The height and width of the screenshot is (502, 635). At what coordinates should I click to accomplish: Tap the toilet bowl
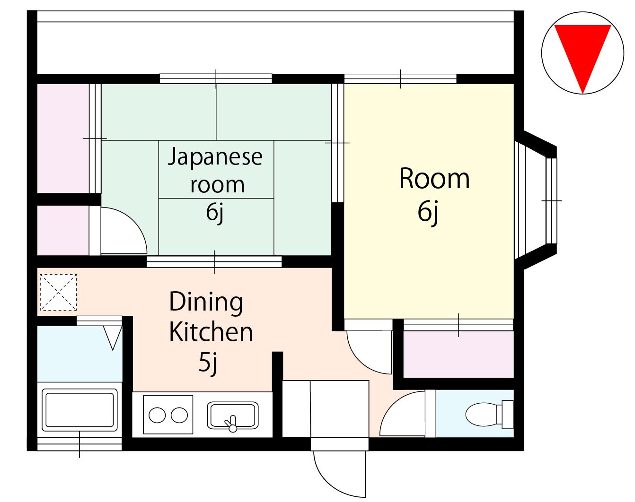481,415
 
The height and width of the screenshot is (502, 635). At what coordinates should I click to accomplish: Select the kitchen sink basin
232,415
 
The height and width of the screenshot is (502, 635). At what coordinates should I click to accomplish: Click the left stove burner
157,415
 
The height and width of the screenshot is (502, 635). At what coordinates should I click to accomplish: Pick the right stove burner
179,415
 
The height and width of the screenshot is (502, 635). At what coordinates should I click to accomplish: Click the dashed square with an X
58,292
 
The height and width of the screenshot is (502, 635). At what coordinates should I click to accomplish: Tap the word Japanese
215,156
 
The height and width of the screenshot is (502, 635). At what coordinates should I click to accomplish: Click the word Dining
206,302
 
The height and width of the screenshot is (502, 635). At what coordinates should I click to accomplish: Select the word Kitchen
211,332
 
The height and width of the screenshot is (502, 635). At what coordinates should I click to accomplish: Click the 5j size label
208,363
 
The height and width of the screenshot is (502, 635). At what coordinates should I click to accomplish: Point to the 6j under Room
428,212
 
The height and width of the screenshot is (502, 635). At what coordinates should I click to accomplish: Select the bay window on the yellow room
536,201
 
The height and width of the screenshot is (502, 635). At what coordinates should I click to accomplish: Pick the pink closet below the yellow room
458,354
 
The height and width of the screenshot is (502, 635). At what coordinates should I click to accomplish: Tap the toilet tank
507,415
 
